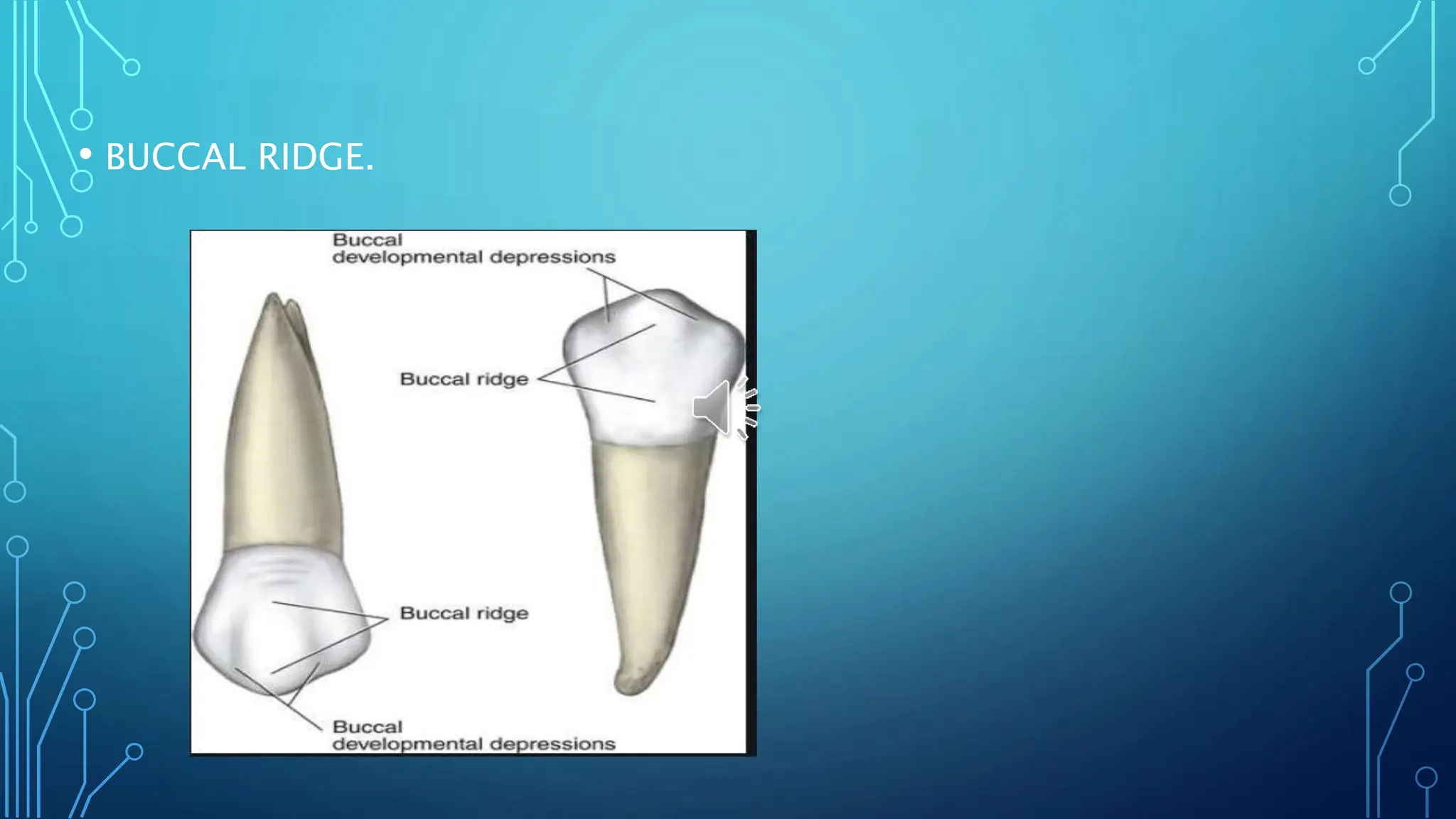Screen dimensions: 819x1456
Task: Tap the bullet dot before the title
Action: click(x=85, y=154)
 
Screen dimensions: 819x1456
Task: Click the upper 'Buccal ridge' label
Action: click(x=464, y=379)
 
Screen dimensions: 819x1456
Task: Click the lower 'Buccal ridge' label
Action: click(x=464, y=613)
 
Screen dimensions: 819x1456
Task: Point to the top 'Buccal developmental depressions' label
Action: click(x=473, y=249)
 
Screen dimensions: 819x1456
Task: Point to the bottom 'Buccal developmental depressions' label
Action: click(x=473, y=736)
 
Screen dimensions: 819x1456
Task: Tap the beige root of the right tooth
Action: click(x=651, y=533)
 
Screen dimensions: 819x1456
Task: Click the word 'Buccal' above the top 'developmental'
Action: click(x=368, y=240)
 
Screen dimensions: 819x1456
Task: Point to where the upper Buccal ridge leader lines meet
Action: click(x=539, y=380)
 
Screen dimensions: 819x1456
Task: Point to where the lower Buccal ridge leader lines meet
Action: click(x=388, y=619)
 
